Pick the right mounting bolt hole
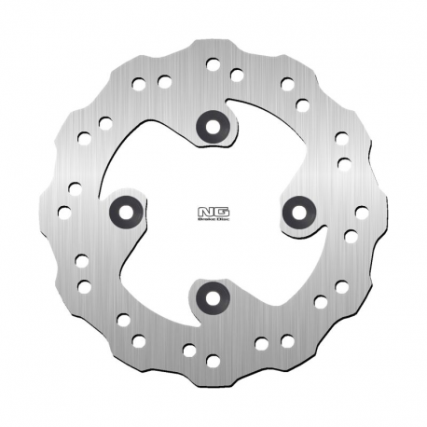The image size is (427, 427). [x=299, y=212]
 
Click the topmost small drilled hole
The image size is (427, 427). [x=213, y=64]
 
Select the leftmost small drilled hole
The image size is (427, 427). [x=64, y=212]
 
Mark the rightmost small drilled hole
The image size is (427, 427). [x=361, y=213]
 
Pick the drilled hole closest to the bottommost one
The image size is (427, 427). [x=189, y=351]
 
